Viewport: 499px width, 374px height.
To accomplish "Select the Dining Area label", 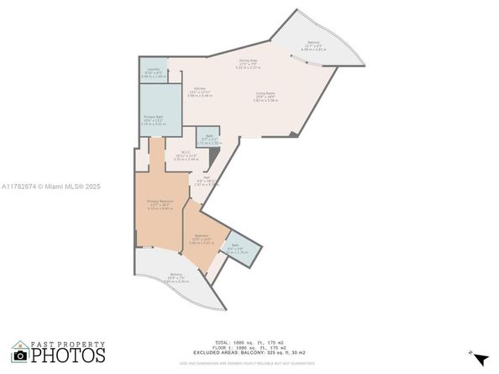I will tap(247, 61).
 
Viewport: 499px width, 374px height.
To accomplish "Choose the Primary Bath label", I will tap(152, 120).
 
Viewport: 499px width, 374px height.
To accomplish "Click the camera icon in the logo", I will tap(20, 355).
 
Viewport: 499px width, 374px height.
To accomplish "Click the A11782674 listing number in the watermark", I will tap(19, 187).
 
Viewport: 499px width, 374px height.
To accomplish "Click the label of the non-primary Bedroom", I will tap(202, 237).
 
